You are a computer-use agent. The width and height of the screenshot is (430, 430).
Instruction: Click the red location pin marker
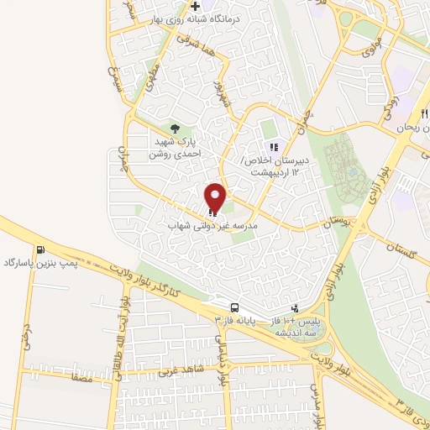[x=216, y=198]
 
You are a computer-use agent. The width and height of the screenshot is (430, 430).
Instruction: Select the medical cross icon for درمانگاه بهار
[x=196, y=6]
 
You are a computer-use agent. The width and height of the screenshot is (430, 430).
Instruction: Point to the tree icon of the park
[x=175, y=128]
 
